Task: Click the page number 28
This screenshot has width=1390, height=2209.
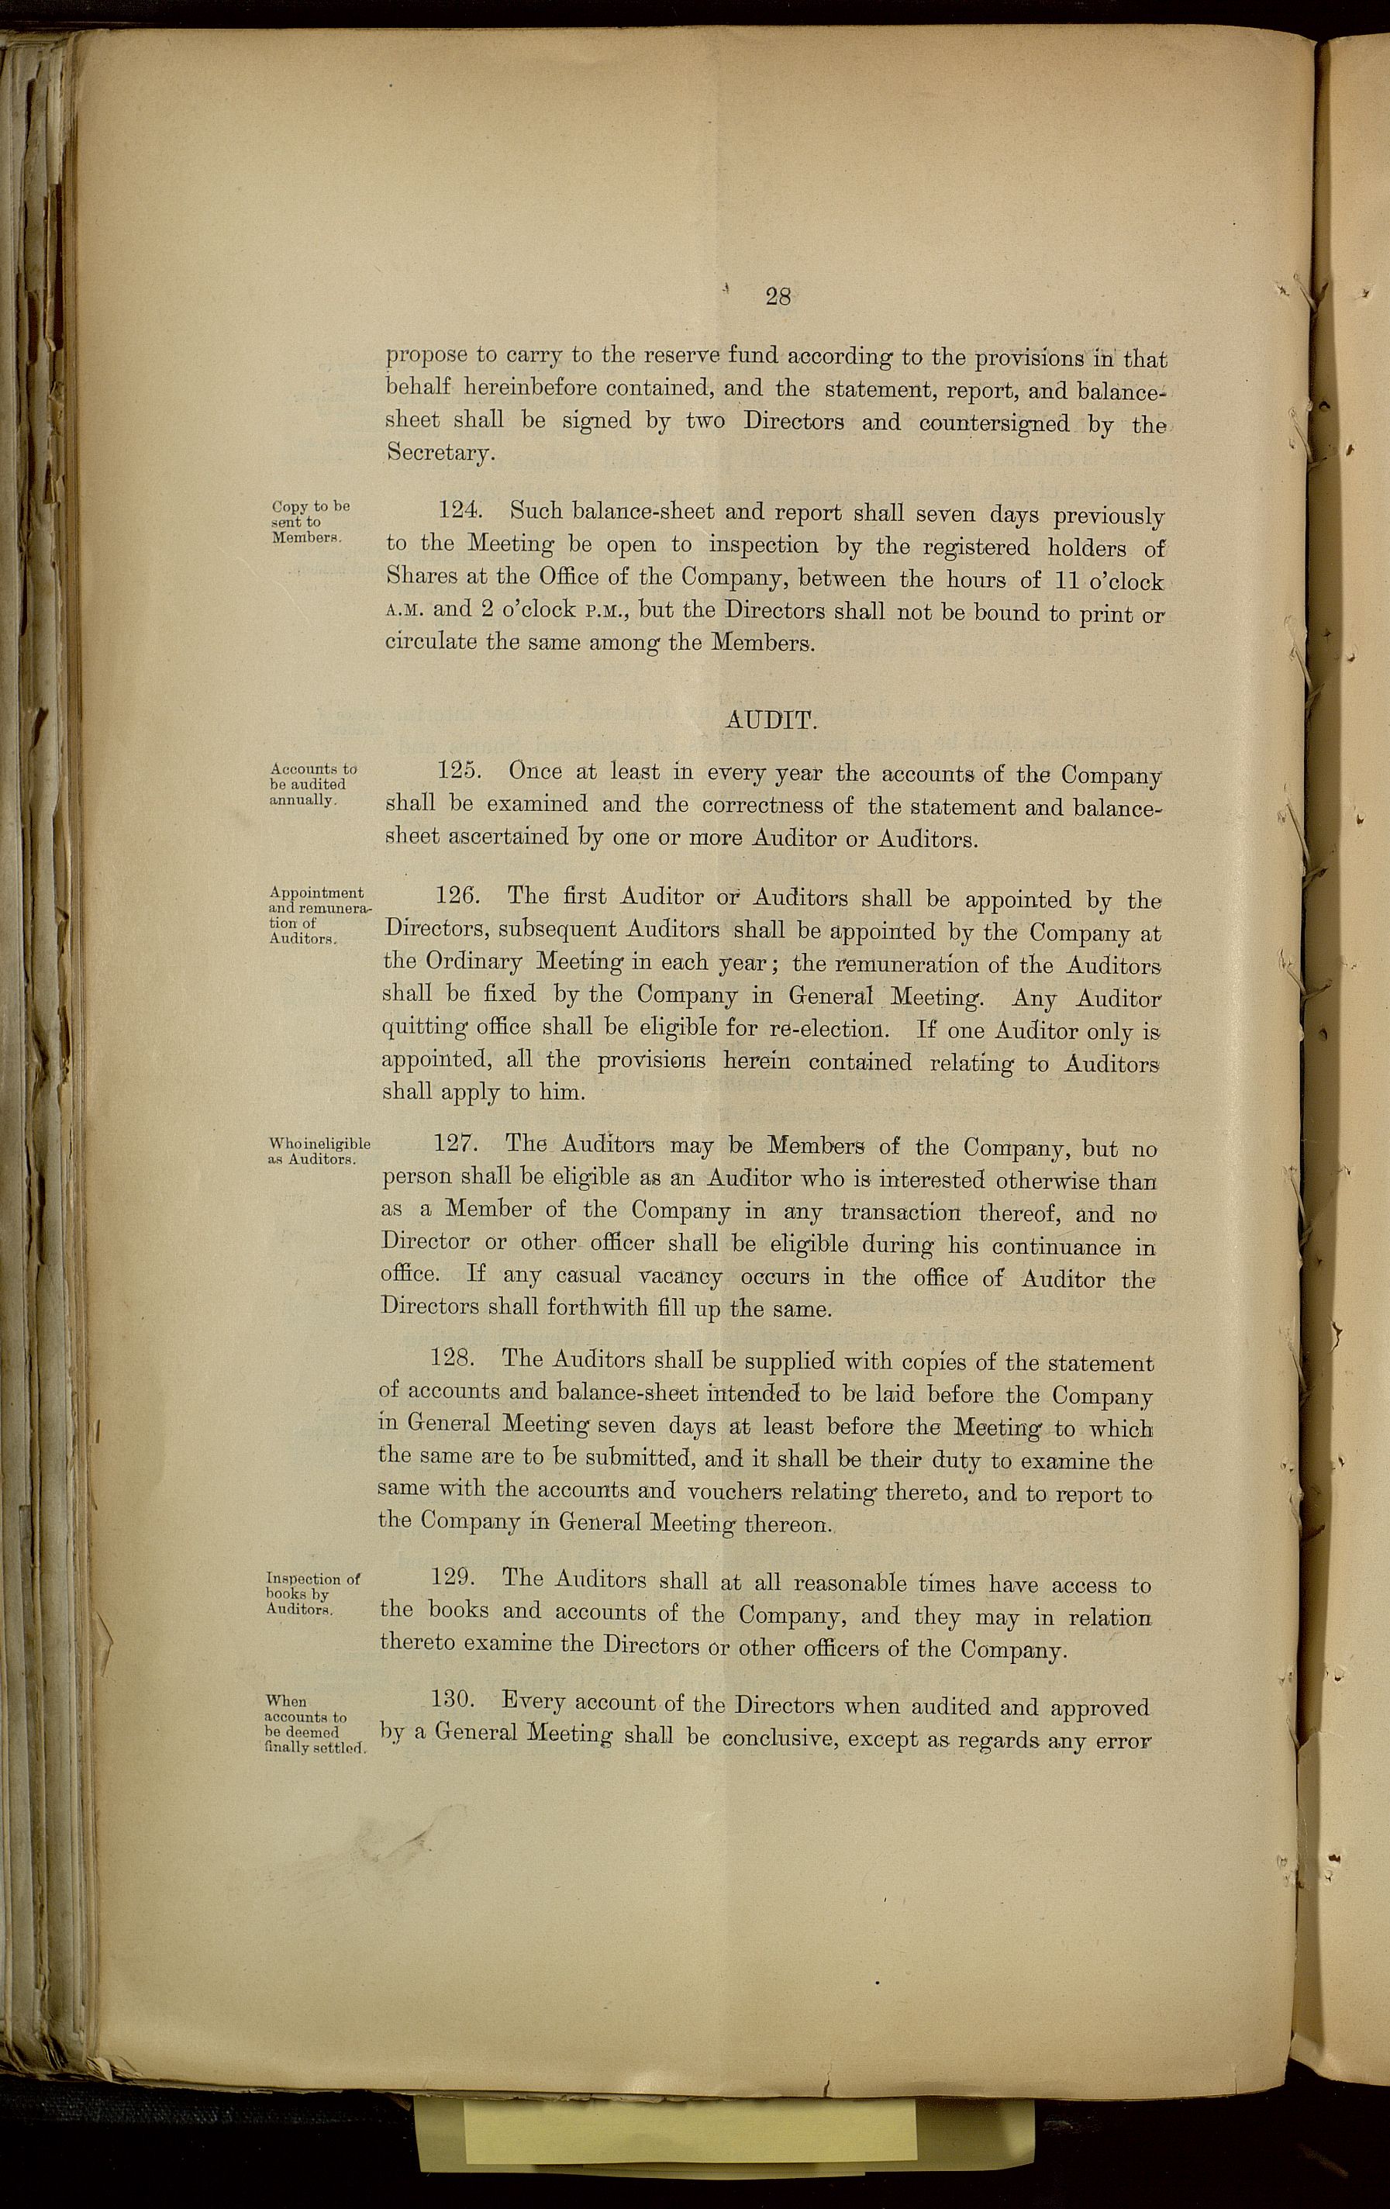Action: point(777,296)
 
